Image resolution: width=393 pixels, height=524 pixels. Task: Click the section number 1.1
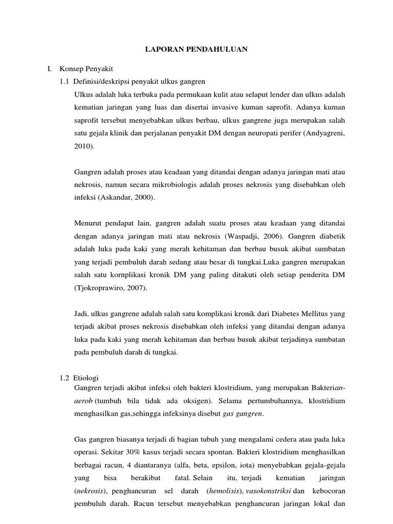[65, 82]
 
